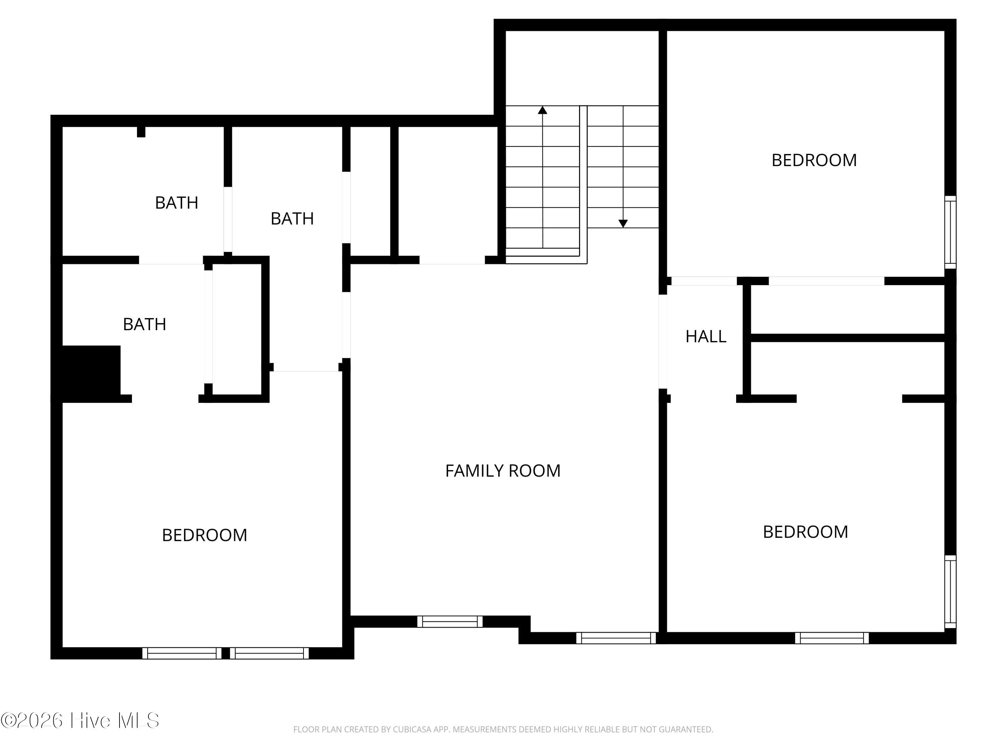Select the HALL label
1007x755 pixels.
(x=706, y=336)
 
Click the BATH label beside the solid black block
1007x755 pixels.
(x=144, y=324)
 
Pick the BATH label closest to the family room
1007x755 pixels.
(x=292, y=219)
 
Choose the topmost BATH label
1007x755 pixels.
(x=177, y=203)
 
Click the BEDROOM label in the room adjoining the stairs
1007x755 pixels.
(x=814, y=160)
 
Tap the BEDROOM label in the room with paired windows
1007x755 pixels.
(x=204, y=535)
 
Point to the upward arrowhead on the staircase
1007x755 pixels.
(x=542, y=110)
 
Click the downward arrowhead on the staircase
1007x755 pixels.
(x=623, y=223)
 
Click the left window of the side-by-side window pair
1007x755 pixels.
(x=182, y=653)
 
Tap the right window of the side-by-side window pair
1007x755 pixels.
(x=269, y=653)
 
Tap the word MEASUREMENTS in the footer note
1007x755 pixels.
(x=484, y=729)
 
